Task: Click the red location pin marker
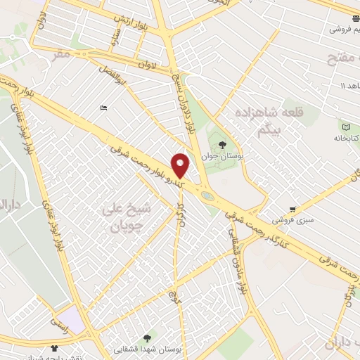pyautogui.click(x=181, y=165)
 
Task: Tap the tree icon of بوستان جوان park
pyautogui.click(x=222, y=144)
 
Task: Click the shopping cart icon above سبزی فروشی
pyautogui.click(x=292, y=210)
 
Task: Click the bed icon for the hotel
pyautogui.click(x=104, y=108)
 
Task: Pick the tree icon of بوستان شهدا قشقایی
pyautogui.click(x=146, y=338)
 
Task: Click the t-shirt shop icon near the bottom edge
pyautogui.click(x=55, y=347)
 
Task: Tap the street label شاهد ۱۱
pyautogui.click(x=345, y=86)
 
